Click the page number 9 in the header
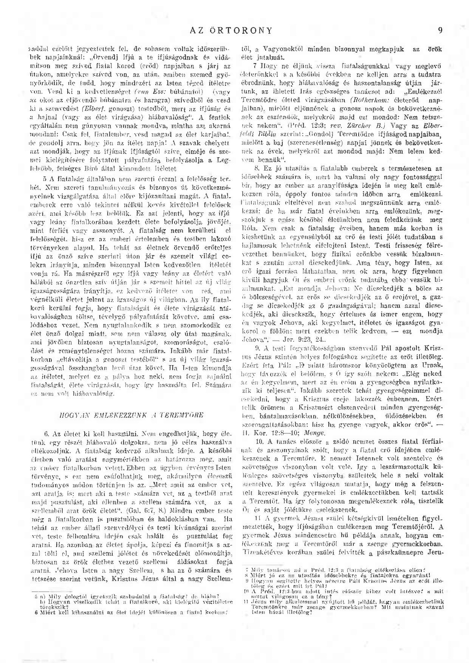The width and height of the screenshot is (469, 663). tap(440, 31)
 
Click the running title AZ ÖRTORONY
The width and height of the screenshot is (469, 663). tap(231, 31)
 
